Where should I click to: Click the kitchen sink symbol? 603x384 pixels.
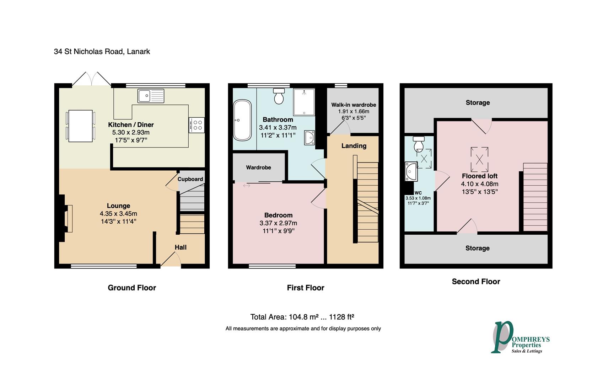coord(151,96)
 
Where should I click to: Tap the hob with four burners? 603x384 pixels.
coord(196,125)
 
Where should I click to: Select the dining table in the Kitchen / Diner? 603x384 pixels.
coord(81,126)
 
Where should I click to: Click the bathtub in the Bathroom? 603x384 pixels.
coord(242,120)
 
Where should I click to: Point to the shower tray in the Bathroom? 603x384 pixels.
coord(304,102)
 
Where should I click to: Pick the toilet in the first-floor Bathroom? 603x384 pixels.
coord(279,96)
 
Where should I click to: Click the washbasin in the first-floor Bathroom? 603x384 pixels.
coord(309,138)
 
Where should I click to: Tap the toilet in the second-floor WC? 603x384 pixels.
coord(419,144)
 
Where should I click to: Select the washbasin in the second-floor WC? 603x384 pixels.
coord(411,171)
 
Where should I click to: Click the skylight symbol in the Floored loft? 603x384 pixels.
coord(479,159)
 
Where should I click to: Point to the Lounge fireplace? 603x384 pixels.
coord(66,218)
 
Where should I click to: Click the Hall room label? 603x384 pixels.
coord(181,247)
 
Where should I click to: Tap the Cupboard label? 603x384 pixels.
coord(190,179)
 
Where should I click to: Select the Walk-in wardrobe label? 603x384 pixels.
coord(354,105)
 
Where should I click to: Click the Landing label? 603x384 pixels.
coord(354,146)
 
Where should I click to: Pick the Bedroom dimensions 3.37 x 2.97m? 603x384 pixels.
coord(278,223)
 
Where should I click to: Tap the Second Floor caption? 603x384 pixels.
coord(476,281)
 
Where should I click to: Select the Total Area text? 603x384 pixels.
coord(302,317)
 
